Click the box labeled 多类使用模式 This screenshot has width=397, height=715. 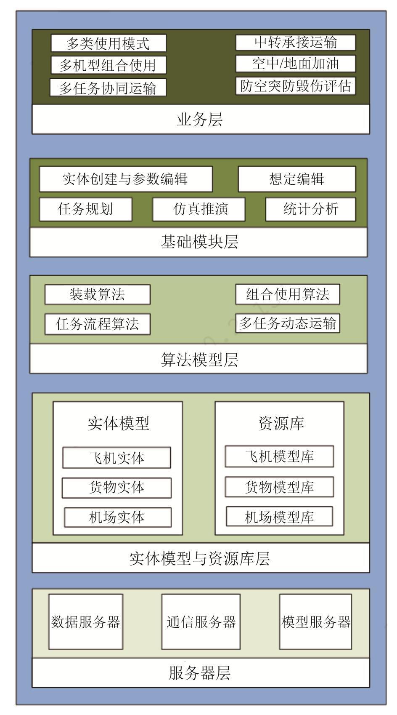tap(109, 43)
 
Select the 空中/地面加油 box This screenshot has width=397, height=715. tap(296, 64)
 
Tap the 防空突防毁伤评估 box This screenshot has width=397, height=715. tap(296, 85)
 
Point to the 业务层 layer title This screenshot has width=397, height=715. tap(200, 120)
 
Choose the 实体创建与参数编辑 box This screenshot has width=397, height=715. tap(126, 179)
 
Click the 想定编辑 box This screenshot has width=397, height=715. tap(297, 179)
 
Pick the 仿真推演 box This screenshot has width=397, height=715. tap(199, 209)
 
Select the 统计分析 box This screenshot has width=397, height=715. tap(311, 209)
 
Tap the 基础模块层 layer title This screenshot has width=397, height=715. tap(200, 242)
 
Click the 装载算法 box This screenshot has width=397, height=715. tap(98, 294)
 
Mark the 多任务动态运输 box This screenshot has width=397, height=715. tap(288, 323)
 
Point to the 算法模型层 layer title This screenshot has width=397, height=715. tap(200, 360)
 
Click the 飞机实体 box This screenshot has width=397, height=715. tap(116, 458)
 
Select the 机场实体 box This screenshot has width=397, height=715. tap(118, 518)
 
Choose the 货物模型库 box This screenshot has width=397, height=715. tap(279, 487)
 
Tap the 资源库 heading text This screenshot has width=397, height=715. tap(281, 423)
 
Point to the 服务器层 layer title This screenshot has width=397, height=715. tap(200, 673)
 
